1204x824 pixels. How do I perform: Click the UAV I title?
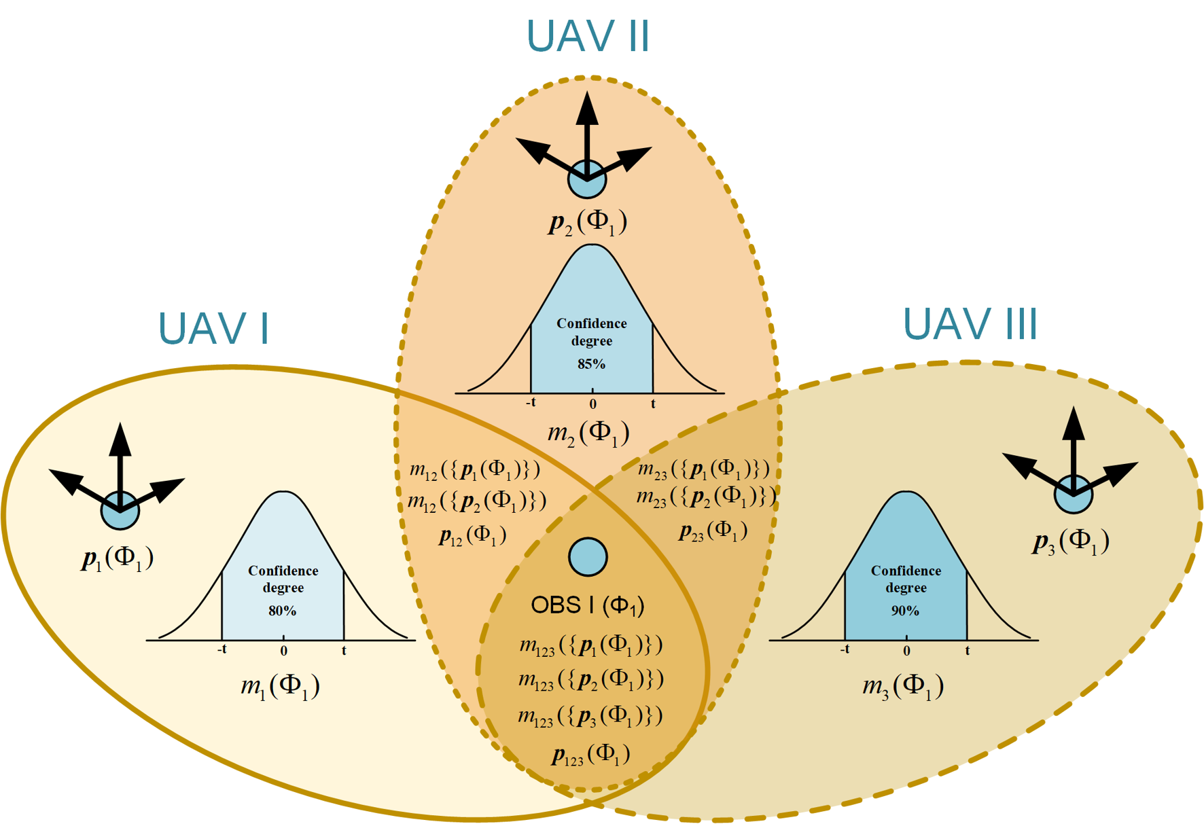pyautogui.click(x=213, y=329)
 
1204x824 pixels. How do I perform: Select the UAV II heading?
pyautogui.click(x=588, y=36)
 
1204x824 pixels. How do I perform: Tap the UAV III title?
pyautogui.click(x=970, y=324)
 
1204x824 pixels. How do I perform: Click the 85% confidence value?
pyautogui.click(x=591, y=364)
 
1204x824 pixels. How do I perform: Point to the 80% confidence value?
pyautogui.click(x=282, y=611)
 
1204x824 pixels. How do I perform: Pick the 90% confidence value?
pyautogui.click(x=905, y=611)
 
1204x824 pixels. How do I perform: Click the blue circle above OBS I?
pyautogui.click(x=588, y=557)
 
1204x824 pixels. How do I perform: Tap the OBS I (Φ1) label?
pyautogui.click(x=587, y=605)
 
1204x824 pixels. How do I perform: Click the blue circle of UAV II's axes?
pyautogui.click(x=587, y=179)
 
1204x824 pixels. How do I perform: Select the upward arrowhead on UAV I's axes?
pyautogui.click(x=120, y=437)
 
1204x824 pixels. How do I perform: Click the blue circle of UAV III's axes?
pyautogui.click(x=1074, y=494)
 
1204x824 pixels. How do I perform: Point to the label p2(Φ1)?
pyautogui.click(x=588, y=223)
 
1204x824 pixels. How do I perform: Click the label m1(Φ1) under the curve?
pyautogui.click(x=280, y=686)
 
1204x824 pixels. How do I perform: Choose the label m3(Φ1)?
pyautogui.click(x=903, y=686)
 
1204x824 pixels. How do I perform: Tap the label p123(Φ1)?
pyautogui.click(x=590, y=755)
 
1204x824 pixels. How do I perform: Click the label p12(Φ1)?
pyautogui.click(x=472, y=536)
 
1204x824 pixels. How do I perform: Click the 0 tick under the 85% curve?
pyautogui.click(x=592, y=404)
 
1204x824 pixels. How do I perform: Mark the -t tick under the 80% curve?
pyautogui.click(x=222, y=650)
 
